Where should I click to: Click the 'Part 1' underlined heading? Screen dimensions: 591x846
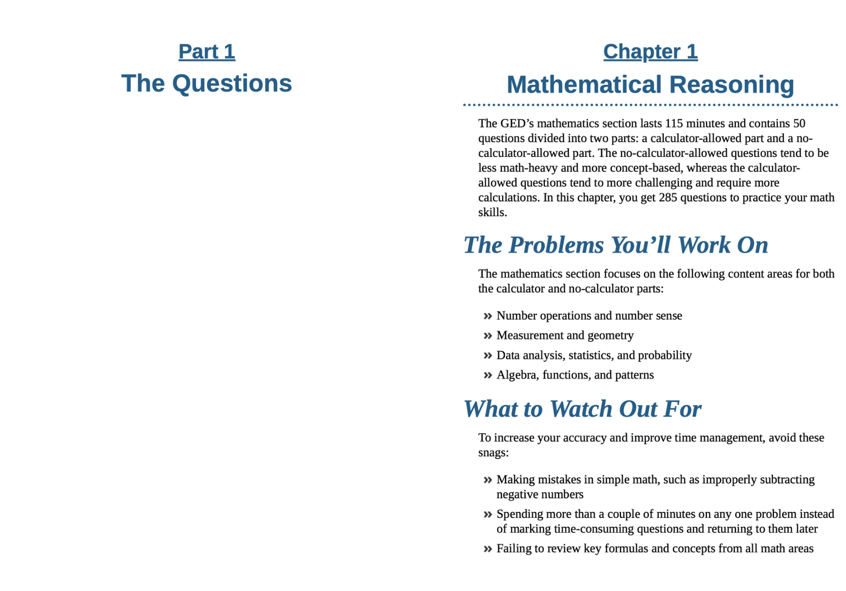tap(207, 52)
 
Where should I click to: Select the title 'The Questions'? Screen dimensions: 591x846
tap(207, 83)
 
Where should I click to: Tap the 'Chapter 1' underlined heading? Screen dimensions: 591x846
tap(650, 52)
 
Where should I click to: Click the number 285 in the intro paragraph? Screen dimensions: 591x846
tap(668, 198)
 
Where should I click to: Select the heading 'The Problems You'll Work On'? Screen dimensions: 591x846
tap(615, 245)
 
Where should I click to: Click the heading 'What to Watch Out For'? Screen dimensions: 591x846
tap(582, 409)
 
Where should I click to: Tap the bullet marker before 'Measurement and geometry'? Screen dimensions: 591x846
tap(487, 336)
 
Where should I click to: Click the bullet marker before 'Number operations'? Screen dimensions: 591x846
tap(487, 316)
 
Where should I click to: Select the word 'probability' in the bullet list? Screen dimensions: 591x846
tap(665, 355)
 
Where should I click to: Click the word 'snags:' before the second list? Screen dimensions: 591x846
tap(493, 452)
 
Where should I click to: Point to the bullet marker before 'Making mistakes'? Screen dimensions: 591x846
tap(487, 480)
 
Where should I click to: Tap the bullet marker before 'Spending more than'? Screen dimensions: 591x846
tap(487, 514)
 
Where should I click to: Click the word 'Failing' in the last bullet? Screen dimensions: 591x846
tap(512, 549)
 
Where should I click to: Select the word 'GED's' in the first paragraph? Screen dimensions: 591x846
tap(517, 123)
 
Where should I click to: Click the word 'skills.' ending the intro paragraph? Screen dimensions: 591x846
tap(493, 212)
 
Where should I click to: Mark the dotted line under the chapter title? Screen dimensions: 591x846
tap(650, 105)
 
